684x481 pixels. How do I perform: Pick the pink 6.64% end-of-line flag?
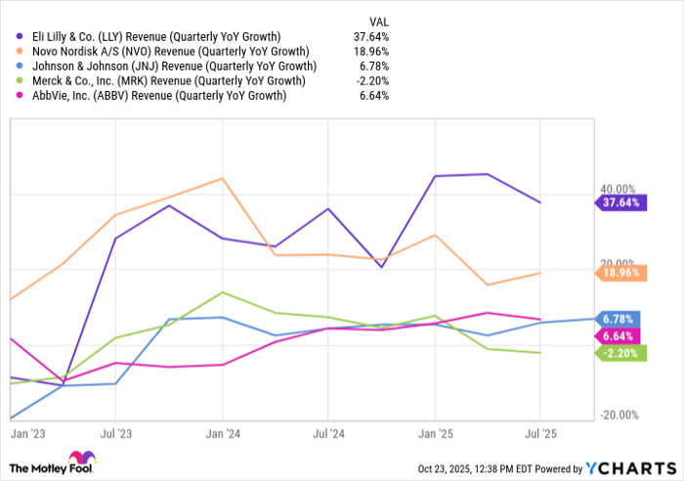pyautogui.click(x=620, y=336)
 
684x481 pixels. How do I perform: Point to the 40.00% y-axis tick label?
pyautogui.click(x=617, y=189)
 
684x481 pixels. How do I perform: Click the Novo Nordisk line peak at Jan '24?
pyautogui.click(x=223, y=178)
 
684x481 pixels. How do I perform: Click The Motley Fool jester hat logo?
pyautogui.click(x=77, y=459)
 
